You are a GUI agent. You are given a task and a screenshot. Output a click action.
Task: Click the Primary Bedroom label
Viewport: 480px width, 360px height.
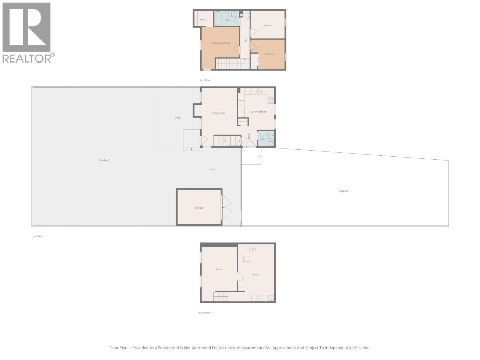tap(220, 43)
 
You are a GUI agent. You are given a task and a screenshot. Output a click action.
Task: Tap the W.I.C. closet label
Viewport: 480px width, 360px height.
tap(203, 20)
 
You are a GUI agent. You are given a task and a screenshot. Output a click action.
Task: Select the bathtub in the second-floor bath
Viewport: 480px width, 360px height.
tap(218, 18)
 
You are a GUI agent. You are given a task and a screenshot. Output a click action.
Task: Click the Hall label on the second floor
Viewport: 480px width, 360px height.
tap(246, 40)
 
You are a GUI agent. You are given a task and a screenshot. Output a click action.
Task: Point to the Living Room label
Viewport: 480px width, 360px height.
tap(218, 113)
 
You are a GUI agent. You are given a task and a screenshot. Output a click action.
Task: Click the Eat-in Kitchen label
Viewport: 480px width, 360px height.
tap(258, 112)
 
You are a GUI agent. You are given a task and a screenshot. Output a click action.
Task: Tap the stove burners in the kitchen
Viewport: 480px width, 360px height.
tap(271, 100)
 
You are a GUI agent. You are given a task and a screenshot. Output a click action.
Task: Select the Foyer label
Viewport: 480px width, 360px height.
tap(249, 136)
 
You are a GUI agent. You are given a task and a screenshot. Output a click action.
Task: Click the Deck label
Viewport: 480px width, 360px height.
tap(178, 118)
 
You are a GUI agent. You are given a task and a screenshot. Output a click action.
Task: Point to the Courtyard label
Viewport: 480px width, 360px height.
tap(104, 160)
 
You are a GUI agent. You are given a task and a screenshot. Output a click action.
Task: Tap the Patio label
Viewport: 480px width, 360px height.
tap(212, 169)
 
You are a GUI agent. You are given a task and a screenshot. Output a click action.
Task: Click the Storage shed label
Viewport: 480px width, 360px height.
tap(199, 208)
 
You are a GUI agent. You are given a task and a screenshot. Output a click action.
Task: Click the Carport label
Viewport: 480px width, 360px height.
tap(343, 191)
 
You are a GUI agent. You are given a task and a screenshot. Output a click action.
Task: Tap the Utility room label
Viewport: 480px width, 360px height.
tap(255, 274)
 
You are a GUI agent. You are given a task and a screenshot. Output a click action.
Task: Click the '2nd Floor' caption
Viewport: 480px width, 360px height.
tap(205, 80)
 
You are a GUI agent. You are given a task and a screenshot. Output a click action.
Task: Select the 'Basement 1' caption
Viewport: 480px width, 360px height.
tap(205, 313)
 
